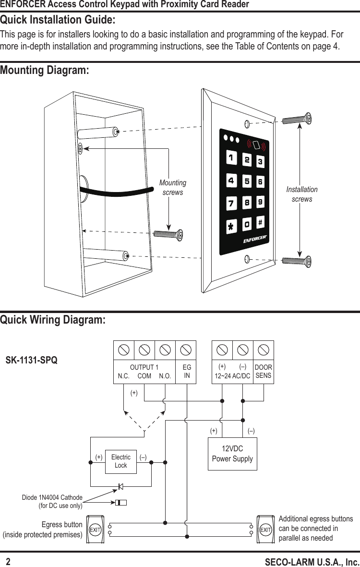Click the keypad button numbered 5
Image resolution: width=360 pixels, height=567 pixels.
[246, 182]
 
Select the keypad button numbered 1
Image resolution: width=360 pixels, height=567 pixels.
[231, 157]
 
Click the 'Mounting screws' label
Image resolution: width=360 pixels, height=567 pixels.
[173, 188]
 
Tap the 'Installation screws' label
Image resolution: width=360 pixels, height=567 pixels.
[302, 194]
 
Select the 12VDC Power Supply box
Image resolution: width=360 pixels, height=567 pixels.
[232, 454]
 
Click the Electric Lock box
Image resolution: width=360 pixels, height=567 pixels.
[120, 461]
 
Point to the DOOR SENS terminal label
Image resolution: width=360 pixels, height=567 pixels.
[263, 372]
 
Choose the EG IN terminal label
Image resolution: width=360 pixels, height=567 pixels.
[187, 372]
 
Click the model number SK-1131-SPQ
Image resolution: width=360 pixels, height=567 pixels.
[31, 360]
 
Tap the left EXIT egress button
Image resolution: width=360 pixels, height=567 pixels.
[95, 530]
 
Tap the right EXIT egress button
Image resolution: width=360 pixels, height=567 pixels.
[265, 530]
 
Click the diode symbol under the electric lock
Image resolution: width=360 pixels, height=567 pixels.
[120, 486]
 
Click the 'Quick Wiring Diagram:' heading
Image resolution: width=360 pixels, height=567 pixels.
[53, 320]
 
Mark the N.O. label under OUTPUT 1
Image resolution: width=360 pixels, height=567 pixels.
[165, 376]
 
